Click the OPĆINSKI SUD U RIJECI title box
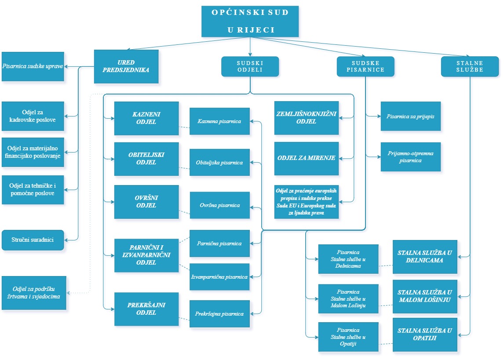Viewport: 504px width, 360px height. (x=250, y=21)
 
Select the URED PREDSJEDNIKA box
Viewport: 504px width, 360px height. (x=126, y=66)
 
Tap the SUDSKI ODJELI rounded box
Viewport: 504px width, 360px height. (x=250, y=66)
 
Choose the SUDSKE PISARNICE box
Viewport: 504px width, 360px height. (x=365, y=66)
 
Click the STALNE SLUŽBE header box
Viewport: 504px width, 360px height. (x=470, y=66)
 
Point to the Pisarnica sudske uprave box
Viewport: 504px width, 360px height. (x=33, y=66)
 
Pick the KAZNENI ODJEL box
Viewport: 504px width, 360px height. (x=146, y=118)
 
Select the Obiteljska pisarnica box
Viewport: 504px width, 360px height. (x=219, y=163)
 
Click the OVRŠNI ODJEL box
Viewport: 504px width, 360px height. (x=146, y=202)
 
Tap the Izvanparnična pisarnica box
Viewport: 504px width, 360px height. (x=219, y=277)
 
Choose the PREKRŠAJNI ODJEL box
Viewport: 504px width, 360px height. (x=146, y=309)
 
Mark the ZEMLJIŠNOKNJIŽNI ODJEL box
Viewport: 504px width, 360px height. (x=307, y=118)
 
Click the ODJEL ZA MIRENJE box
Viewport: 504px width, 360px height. (x=307, y=158)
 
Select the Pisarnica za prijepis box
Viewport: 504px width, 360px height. (x=410, y=116)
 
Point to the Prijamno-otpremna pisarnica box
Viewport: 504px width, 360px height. (x=410, y=157)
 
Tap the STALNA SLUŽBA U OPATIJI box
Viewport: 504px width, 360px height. (x=424, y=335)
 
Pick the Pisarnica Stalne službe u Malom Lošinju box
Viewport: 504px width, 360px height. (x=348, y=298)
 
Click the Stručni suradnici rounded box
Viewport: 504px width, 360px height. (x=33, y=240)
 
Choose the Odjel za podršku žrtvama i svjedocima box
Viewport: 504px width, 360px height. (x=34, y=293)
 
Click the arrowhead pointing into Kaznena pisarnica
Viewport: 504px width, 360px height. (x=252, y=121)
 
